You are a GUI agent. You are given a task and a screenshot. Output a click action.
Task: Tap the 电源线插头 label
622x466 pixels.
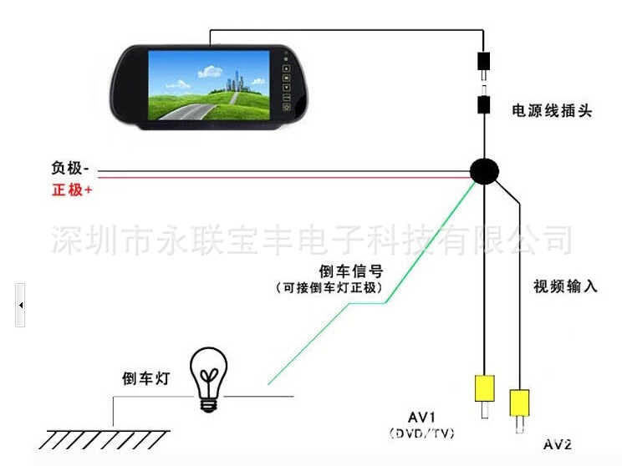[x=552, y=109]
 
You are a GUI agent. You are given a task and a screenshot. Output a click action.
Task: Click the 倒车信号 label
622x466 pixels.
[x=351, y=271]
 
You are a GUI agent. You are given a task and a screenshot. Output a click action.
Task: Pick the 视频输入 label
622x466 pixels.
[x=565, y=286]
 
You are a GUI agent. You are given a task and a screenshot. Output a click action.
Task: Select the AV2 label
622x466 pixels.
[x=557, y=443]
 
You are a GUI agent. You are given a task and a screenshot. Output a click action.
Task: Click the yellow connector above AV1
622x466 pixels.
[x=484, y=388]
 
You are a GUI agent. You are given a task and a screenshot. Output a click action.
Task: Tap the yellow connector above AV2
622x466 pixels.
[x=520, y=403]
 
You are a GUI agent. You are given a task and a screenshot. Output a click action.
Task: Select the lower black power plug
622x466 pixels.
[x=483, y=105]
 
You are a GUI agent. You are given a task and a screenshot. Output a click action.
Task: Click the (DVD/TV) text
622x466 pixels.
[x=422, y=433]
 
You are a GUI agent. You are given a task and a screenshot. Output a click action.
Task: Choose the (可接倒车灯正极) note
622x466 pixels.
[x=329, y=287]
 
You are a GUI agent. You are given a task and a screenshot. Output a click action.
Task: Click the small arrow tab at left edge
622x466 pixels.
[x=20, y=305]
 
